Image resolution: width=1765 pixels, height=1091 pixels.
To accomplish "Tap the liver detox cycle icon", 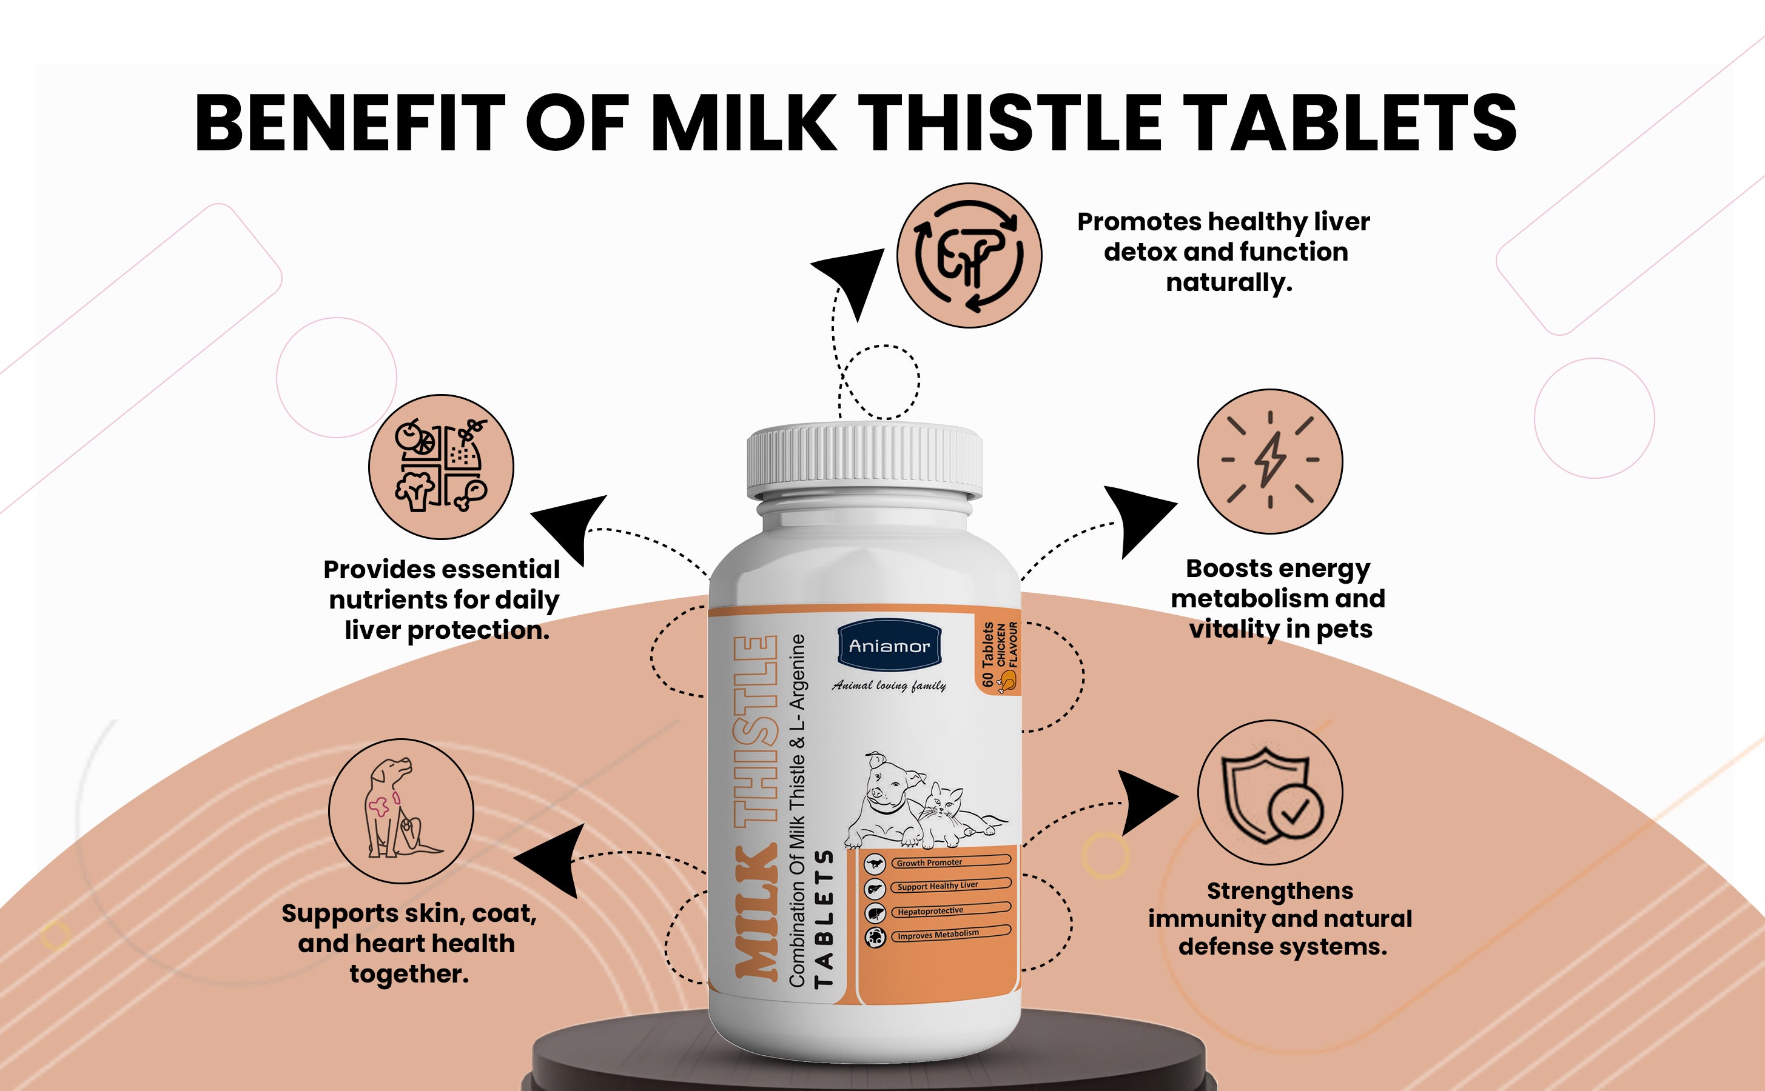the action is (x=969, y=255).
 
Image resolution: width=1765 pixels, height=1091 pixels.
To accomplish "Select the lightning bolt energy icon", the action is (x=1270, y=461).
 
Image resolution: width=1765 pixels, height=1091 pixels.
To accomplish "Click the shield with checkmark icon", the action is (x=1270, y=792).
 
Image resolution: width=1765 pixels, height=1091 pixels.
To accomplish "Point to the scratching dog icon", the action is (x=402, y=811).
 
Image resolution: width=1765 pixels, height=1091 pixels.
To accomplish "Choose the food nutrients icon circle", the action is (x=441, y=467).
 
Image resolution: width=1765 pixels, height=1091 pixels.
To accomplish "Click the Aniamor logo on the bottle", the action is (x=889, y=645).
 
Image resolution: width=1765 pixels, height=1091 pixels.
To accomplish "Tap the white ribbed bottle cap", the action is (x=864, y=462).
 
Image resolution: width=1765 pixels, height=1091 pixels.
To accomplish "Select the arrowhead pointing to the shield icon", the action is (x=1148, y=801).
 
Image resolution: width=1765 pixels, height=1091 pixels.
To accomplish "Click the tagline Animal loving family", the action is (x=889, y=686).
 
